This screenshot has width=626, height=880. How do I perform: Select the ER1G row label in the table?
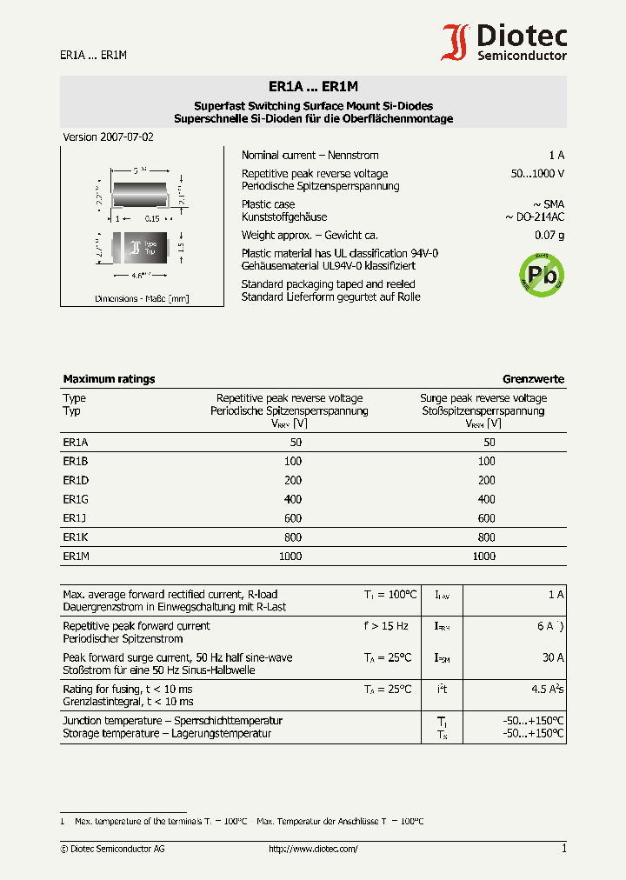76,499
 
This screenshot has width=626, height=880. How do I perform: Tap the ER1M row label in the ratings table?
76,557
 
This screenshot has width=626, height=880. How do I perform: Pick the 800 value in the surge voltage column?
486,537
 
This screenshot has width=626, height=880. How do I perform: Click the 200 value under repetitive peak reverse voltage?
293,480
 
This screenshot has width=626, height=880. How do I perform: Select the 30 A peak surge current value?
553,658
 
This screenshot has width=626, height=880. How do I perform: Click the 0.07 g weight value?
549,236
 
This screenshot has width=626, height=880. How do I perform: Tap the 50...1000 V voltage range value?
537,174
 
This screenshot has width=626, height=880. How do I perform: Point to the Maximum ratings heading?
109,379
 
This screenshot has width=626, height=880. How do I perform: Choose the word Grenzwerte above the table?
533,379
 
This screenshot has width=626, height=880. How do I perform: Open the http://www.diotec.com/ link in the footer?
313,849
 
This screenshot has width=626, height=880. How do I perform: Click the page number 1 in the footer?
563,849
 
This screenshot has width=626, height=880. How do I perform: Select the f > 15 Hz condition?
386,626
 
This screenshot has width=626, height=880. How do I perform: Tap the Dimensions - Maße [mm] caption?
142,298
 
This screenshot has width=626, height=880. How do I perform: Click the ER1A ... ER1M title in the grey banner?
313,87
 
